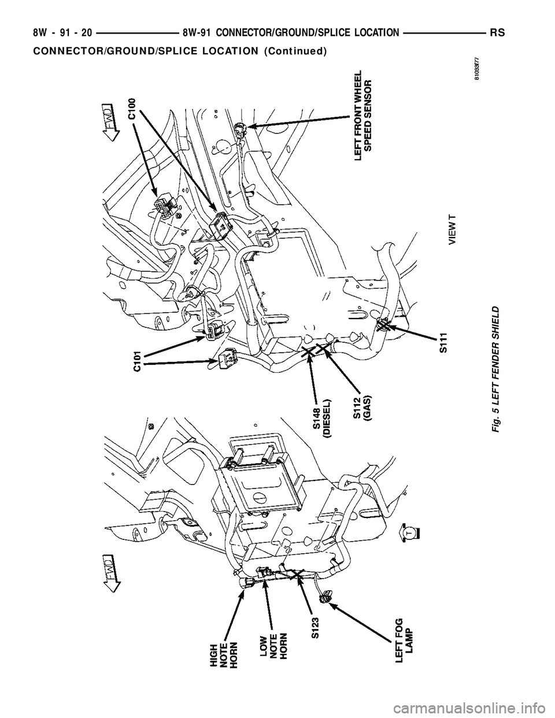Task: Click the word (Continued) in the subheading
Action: pyautogui.click(x=295, y=50)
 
